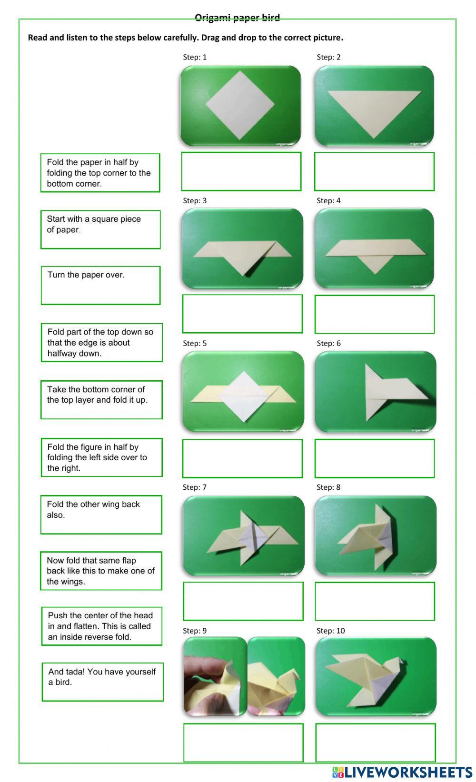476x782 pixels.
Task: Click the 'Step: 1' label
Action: click(x=195, y=57)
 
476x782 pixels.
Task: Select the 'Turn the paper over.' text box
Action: click(x=100, y=285)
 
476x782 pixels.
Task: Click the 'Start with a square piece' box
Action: click(x=100, y=229)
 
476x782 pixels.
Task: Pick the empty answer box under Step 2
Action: click(x=374, y=171)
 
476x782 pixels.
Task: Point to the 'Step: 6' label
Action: click(x=328, y=343)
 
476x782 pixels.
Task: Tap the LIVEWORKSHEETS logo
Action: click(x=402, y=772)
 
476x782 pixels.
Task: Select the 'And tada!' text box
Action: click(x=102, y=682)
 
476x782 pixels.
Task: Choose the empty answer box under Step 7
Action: click(x=243, y=601)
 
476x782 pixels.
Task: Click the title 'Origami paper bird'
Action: click(x=237, y=18)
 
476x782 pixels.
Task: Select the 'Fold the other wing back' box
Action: click(x=101, y=515)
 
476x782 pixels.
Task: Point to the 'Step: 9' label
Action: click(x=195, y=631)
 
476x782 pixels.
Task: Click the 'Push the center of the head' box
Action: click(x=101, y=626)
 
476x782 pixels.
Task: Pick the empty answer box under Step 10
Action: click(x=375, y=742)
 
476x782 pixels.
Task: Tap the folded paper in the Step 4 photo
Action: click(x=374, y=251)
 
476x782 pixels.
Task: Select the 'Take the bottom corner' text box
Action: click(x=101, y=400)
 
